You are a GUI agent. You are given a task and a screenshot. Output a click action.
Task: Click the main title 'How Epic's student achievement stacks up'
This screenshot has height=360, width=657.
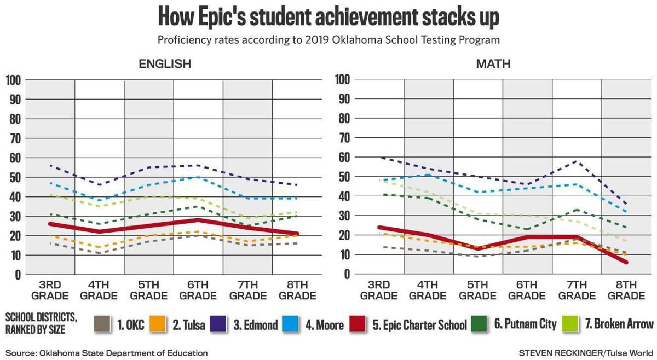328,16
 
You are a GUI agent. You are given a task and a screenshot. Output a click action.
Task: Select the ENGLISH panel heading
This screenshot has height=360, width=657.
164,64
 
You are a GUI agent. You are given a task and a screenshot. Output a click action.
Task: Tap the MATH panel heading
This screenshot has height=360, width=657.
493,64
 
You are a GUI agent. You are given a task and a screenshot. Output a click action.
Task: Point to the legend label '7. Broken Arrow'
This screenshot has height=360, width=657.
619,324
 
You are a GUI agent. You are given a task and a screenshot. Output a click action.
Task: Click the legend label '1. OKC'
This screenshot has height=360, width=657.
130,324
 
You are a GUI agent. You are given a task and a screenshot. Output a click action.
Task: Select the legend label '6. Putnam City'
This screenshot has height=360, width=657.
525,324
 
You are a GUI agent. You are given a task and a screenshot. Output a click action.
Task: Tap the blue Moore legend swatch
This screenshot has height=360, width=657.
291,324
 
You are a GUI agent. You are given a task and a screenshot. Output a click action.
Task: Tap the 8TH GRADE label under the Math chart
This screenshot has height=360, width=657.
626,291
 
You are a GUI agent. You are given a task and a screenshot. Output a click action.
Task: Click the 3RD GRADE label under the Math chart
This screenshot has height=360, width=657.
378,291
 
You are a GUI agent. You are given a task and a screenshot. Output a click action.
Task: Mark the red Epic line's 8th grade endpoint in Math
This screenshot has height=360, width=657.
626,262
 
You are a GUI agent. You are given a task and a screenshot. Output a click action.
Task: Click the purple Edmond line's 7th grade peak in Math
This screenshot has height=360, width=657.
576,161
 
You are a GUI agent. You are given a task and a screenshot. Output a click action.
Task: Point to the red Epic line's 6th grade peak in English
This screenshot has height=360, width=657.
198,220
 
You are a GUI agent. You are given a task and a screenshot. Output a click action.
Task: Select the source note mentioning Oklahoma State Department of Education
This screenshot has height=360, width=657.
107,353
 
